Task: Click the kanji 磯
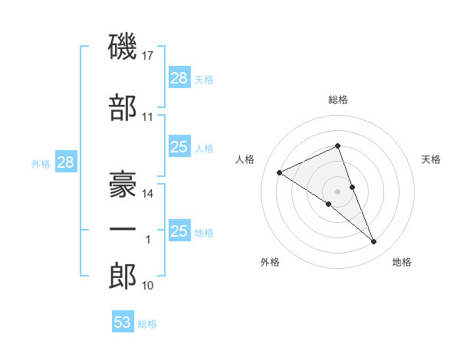pos(123,46)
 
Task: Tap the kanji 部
pos(123,107)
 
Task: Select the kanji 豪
pos(123,185)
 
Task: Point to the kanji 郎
pos(123,276)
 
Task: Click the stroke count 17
pos(147,56)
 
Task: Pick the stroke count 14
pos(147,194)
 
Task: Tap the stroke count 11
pos(147,117)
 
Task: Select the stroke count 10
pos(147,286)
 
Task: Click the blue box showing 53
pos(123,321)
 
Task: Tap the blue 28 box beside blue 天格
pos(180,77)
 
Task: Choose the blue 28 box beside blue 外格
pos(66,162)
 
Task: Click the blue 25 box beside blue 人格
pos(180,146)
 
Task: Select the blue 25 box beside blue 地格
pos(180,230)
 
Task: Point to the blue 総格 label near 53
pos(147,324)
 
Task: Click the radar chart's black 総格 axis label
pos(338,100)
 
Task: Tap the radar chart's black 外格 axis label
pos(270,262)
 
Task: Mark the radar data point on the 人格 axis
pos(280,172)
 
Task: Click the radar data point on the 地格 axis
pos(374,242)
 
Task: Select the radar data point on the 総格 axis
pos(338,146)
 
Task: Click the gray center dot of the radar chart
pos(337,191)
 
